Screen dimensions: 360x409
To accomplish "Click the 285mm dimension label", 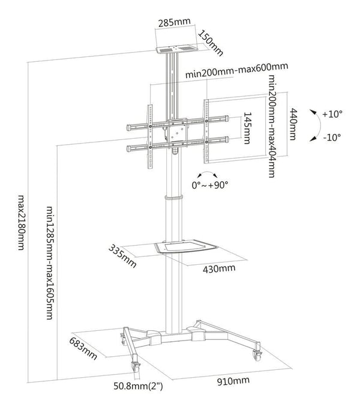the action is click(175, 22).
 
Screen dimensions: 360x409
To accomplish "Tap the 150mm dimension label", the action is click(211, 43).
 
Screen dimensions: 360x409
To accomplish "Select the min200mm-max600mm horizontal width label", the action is click(236, 70).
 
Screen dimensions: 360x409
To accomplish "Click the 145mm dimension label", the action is click(247, 128).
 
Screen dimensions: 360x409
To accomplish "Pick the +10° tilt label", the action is click(332, 114).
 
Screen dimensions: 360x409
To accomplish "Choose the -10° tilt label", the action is click(332, 137).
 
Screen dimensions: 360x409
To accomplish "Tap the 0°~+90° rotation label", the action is click(210, 185).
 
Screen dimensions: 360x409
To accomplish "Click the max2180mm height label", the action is click(22, 222).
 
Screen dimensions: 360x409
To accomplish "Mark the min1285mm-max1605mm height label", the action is click(50, 263).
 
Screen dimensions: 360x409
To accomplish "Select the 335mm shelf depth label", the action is click(122, 256).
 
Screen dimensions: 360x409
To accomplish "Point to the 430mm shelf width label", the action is click(219, 268).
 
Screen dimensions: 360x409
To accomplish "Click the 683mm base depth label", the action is click(83, 348).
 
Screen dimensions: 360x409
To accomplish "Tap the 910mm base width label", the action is click(233, 381).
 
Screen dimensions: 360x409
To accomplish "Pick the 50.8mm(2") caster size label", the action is click(138, 386).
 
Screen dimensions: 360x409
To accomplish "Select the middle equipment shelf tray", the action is click(185, 246).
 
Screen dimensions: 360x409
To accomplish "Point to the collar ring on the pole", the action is click(173, 197).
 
